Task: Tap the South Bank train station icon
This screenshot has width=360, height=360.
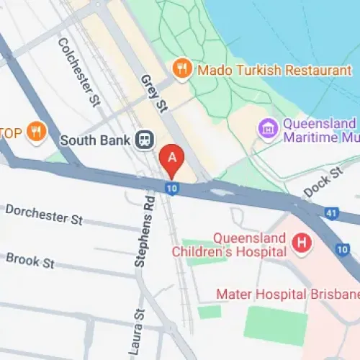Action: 144,138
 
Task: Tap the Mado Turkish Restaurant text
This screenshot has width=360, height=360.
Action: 264,70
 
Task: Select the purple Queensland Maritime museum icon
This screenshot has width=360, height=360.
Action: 268,130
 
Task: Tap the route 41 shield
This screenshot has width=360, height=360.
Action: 331,213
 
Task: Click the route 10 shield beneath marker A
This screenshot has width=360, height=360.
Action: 171,189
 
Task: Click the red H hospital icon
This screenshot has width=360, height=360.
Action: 300,243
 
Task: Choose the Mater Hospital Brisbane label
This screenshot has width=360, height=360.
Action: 288,294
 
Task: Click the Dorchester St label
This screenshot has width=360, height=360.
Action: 44,214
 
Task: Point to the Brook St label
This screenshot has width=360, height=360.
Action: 30,260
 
